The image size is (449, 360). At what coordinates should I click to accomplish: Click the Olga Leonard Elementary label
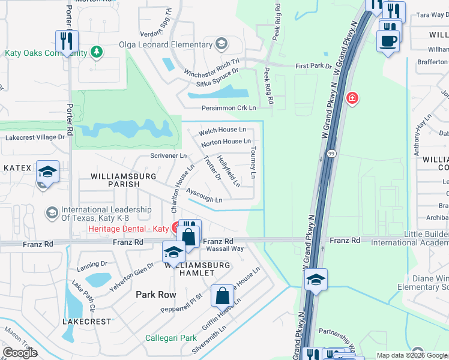[162, 43]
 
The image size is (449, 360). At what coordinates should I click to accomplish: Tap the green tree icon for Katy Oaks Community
[96, 52]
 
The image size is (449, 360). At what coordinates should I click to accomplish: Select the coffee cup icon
[388, 41]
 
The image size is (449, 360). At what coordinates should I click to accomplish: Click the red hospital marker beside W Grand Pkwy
[352, 97]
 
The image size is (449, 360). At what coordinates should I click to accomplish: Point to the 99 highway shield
[331, 154]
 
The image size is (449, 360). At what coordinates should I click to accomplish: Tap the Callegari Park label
[170, 338]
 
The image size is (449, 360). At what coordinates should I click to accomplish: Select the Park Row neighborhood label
[155, 295]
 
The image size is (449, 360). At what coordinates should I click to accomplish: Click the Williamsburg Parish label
[123, 181]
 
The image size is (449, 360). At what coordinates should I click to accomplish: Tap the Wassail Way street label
[223, 248]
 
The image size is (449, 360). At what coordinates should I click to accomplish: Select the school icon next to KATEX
[47, 172]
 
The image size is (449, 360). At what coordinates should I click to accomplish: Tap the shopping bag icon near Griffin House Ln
[222, 295]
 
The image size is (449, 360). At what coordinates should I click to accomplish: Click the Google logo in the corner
[20, 353]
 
